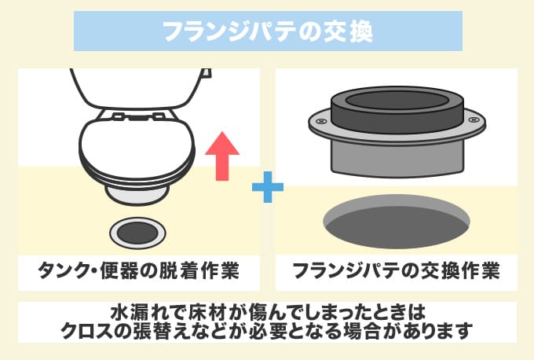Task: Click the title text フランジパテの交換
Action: (267, 31)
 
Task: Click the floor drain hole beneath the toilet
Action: (137, 231)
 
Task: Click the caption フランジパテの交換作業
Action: (396, 271)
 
